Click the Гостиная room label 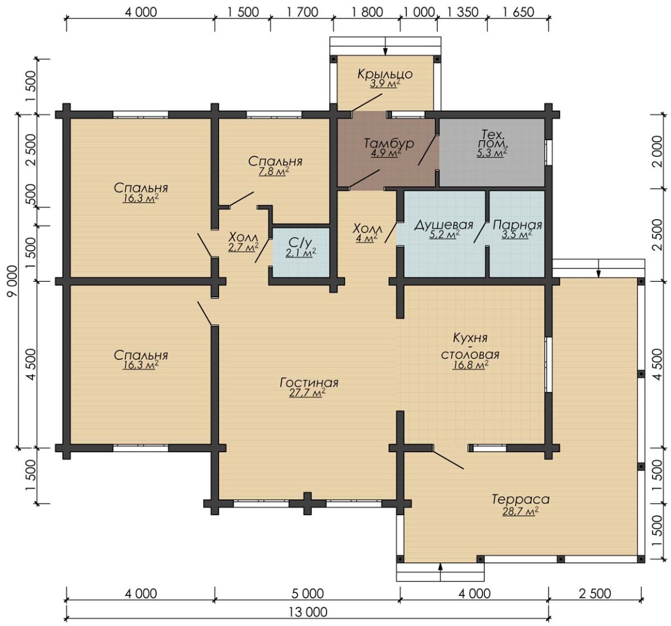(x=309, y=382)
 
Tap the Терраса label (x=520, y=499)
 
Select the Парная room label (x=517, y=225)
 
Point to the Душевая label (x=443, y=225)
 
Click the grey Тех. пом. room (x=492, y=152)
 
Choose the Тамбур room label (x=389, y=143)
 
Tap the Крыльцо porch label (x=385, y=74)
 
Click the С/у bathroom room (x=301, y=253)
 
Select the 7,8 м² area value (x=274, y=172)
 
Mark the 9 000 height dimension (x=13, y=281)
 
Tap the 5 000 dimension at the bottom (x=307, y=594)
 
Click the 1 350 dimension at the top (x=463, y=12)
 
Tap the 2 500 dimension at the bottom (x=595, y=594)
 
